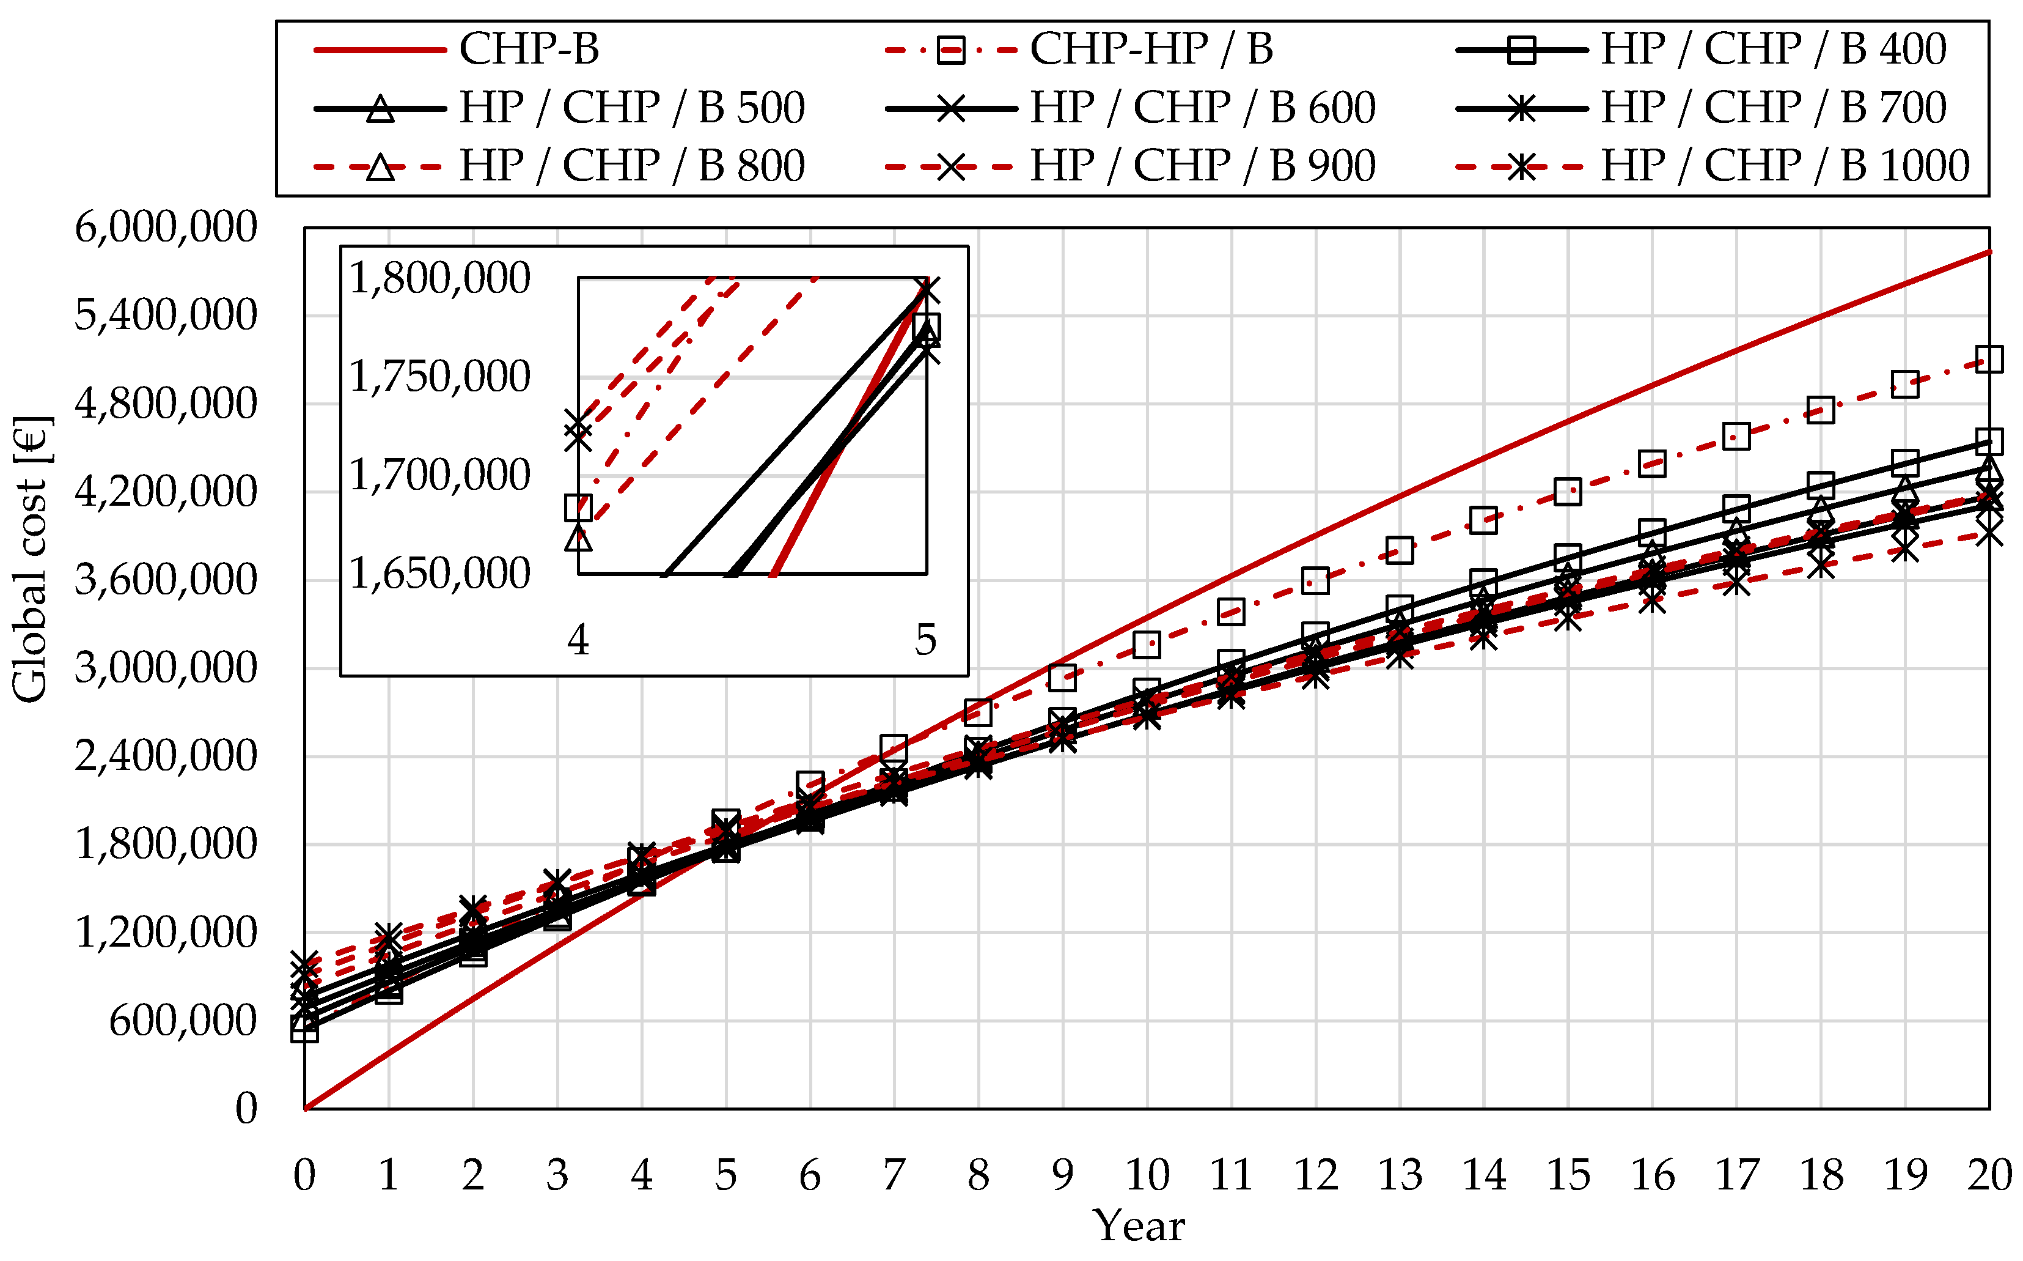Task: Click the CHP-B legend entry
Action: point(529,49)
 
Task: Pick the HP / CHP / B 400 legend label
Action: point(1773,49)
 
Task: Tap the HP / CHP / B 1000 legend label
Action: point(1785,166)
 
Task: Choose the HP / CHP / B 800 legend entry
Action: point(631,166)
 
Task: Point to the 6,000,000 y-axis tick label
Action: point(166,227)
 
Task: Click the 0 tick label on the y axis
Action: point(246,1109)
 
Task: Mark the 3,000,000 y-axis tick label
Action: point(166,668)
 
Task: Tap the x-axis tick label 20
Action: point(1989,1175)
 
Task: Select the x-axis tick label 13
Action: point(1400,1175)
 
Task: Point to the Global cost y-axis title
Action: point(31,559)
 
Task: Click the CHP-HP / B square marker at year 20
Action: point(1989,360)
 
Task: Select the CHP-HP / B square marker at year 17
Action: point(1736,436)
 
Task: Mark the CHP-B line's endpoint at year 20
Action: point(1989,251)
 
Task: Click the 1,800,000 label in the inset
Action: point(439,278)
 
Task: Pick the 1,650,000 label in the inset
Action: point(439,574)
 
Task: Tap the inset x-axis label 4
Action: point(578,640)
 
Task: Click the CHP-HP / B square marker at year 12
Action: point(1315,580)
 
